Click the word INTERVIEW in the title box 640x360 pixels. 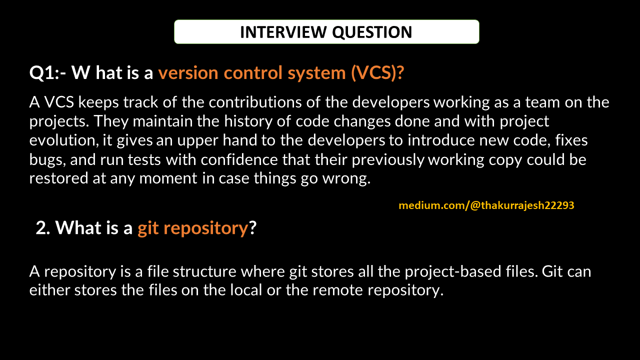[x=283, y=32]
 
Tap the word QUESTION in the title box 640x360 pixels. [x=372, y=32]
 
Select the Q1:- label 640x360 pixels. [x=47, y=73]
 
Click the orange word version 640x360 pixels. [x=188, y=73]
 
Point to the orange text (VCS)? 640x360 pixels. [x=377, y=73]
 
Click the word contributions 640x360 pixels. [x=255, y=102]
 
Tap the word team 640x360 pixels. [x=542, y=102]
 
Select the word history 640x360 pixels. [x=248, y=121]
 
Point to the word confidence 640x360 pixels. [x=239, y=159]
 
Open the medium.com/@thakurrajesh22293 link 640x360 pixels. [x=486, y=205]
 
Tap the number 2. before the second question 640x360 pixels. [x=43, y=228]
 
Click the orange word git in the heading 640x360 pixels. [x=148, y=228]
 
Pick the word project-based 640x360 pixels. [x=453, y=272]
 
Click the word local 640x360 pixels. [x=246, y=290]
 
